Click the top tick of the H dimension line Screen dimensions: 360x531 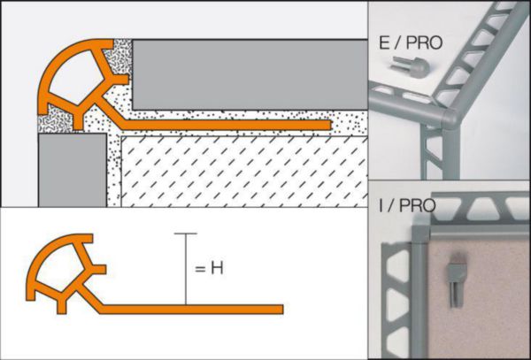pos(184,234)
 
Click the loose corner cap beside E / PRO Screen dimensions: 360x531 pos(408,66)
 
